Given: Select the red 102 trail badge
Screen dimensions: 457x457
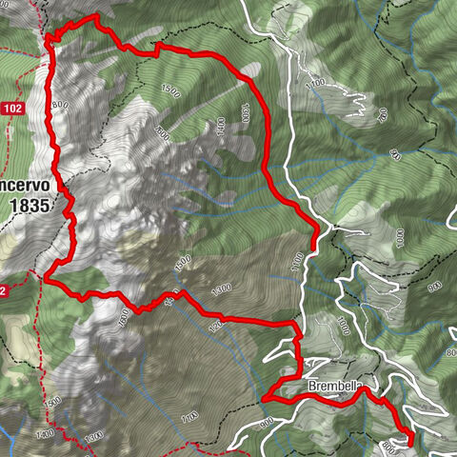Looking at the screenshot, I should [x=11, y=109].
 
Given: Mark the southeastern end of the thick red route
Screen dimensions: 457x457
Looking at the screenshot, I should [x=410, y=441].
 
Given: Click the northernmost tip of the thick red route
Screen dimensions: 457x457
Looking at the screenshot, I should [x=95, y=17].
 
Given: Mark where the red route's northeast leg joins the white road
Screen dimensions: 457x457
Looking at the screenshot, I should [x=315, y=227].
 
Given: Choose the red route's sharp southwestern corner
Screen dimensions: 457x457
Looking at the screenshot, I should [x=47, y=277].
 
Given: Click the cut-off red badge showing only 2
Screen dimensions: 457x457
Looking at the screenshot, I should [x=5, y=290].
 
